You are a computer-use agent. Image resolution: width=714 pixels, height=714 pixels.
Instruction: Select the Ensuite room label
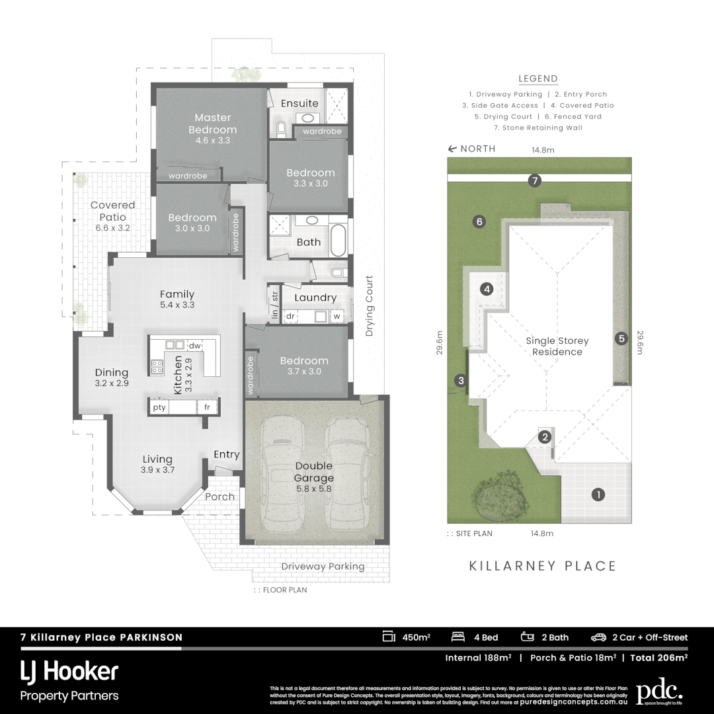(299, 103)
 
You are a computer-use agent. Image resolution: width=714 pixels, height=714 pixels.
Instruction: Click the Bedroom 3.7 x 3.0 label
(303, 366)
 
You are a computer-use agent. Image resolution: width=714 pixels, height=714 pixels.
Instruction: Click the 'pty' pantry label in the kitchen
(159, 407)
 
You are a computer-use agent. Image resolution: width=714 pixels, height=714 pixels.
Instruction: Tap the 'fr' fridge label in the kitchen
(207, 407)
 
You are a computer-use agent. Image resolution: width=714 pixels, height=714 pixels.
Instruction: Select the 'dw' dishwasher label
(194, 345)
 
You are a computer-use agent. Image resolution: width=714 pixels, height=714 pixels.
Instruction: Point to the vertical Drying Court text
(370, 305)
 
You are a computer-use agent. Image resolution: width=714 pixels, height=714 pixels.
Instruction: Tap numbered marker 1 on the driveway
(598, 494)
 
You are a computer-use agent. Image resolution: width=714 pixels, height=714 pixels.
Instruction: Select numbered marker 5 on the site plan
(621, 338)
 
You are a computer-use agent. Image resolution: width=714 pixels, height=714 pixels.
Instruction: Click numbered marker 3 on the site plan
(459, 379)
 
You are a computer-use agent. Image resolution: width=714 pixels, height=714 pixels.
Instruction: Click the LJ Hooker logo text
(69, 672)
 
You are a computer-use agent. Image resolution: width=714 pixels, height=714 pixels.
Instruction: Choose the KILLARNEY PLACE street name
(542, 566)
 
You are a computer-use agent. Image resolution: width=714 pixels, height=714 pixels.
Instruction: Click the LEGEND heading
(538, 79)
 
